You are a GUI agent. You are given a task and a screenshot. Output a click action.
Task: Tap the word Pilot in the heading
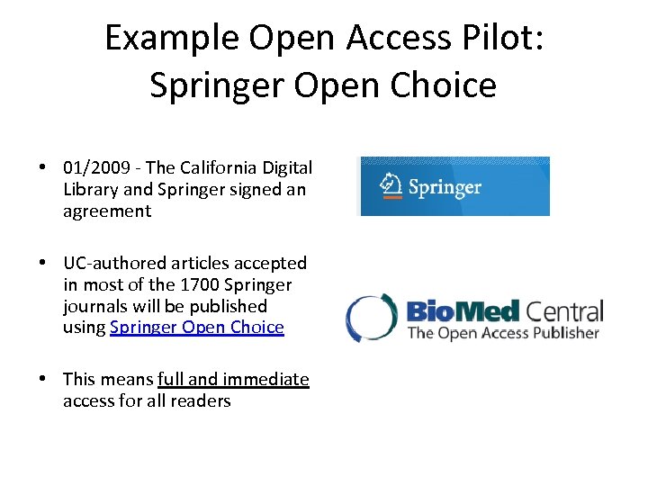tap(505, 38)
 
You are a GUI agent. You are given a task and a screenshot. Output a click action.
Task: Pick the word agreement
tap(107, 211)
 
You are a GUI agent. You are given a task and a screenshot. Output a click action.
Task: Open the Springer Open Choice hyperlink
tap(196, 328)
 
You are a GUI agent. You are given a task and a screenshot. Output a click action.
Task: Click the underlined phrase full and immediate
tap(233, 380)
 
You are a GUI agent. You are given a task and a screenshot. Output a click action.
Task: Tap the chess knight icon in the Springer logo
tap(390, 186)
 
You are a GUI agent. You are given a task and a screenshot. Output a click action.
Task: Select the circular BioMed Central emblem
tap(371, 317)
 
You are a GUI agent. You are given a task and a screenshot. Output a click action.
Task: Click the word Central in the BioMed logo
tap(563, 311)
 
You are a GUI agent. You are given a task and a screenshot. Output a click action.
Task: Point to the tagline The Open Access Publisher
tap(502, 333)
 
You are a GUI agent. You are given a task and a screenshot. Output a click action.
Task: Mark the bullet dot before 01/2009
tap(42, 168)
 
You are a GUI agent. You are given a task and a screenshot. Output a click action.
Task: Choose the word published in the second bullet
tap(229, 307)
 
